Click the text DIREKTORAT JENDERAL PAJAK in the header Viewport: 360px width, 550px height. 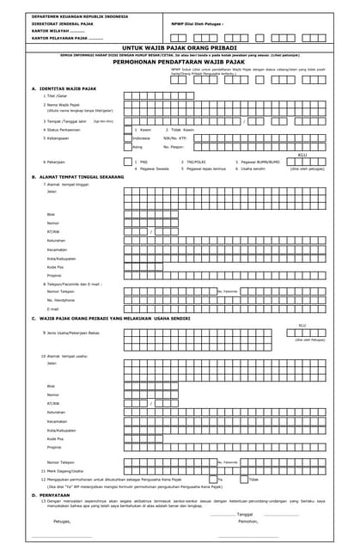(x=63, y=24)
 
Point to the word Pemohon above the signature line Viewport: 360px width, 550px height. (x=248, y=521)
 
